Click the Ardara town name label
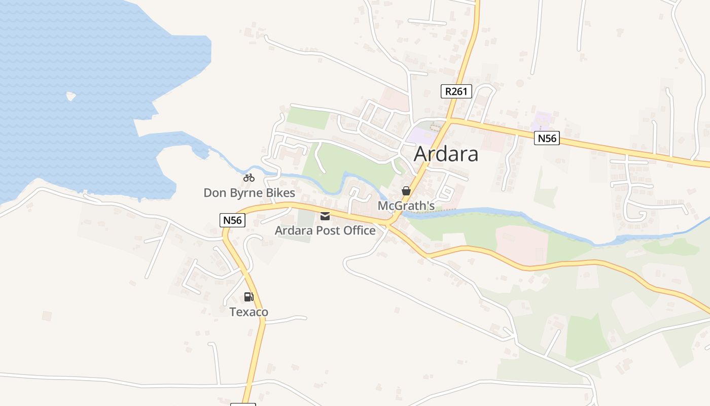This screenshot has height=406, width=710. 446,154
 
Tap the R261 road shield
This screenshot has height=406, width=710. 456,91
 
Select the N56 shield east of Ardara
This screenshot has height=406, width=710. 547,138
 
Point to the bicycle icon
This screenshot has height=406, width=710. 248,178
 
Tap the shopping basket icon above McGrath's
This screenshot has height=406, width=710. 406,191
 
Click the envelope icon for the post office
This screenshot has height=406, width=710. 325,216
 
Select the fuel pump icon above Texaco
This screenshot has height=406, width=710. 248,297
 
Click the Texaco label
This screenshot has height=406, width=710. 248,312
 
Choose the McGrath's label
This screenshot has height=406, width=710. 406,206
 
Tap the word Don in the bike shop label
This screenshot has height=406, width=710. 213,193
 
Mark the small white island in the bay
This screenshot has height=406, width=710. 71,95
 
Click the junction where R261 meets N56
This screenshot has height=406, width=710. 449,121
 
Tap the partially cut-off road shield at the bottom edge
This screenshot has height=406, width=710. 243,404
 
